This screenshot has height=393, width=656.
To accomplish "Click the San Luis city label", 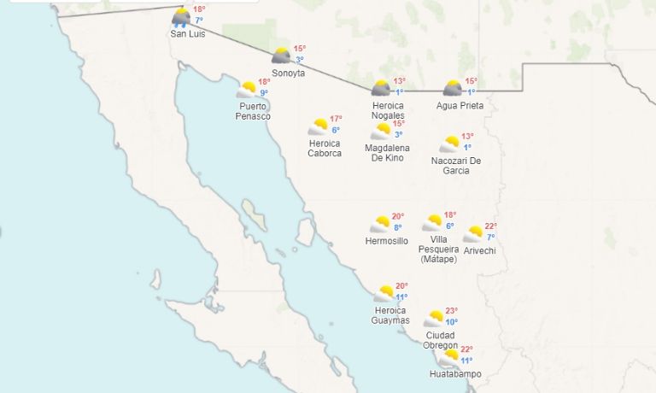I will (188, 33).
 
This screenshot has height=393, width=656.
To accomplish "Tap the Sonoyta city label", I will (288, 73).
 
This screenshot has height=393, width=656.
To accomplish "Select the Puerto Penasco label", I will (254, 110).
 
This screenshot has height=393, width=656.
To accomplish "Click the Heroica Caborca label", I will (325, 148).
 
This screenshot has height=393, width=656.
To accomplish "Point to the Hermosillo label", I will (386, 241).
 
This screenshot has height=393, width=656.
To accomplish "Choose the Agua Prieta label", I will (460, 105).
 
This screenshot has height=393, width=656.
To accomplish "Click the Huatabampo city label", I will (455, 373).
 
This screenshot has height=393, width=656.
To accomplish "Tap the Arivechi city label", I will (479, 250).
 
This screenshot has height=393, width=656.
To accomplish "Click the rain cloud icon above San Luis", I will (181, 17).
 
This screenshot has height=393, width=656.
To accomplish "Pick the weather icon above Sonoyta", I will (281, 56).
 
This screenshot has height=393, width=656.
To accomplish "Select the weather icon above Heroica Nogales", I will (381, 87).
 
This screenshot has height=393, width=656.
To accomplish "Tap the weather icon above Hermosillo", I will (380, 224).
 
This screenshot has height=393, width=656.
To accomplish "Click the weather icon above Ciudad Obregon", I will (434, 319).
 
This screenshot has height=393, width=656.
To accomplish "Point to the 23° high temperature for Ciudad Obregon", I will (452, 311).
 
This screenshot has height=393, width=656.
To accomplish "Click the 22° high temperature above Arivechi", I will (491, 226).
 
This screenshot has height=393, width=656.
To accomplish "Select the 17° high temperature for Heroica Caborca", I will (336, 119).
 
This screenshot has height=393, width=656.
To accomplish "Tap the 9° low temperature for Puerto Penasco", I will (264, 93).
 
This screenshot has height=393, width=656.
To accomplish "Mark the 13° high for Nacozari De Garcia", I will (467, 136).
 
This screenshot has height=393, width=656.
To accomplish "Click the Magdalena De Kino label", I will (387, 153).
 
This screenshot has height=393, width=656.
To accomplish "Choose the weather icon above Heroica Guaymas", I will (384, 294).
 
